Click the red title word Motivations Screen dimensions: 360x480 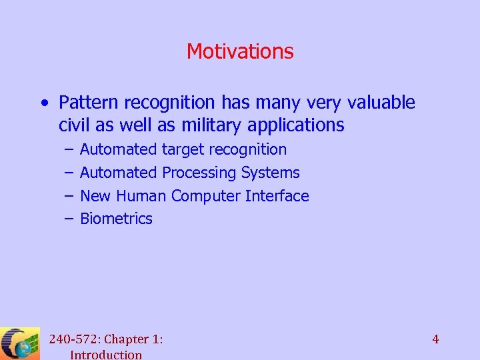tap(240, 51)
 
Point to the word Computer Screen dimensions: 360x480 tap(206, 196)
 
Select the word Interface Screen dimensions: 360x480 tap(277, 196)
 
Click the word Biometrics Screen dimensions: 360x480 tap(116, 219)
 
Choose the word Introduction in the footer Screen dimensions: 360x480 tap(106, 355)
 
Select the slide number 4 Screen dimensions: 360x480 tap(435, 339)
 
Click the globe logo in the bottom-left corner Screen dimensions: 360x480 tap(20, 344)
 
